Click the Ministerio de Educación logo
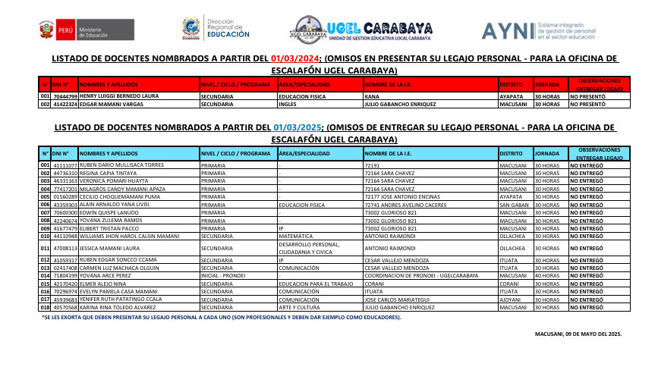pyautogui.click(x=76, y=30)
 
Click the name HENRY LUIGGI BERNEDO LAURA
pyautogui.click(x=119, y=97)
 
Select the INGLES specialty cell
pyautogui.click(x=288, y=105)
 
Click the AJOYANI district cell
pyautogui.click(x=511, y=299)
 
